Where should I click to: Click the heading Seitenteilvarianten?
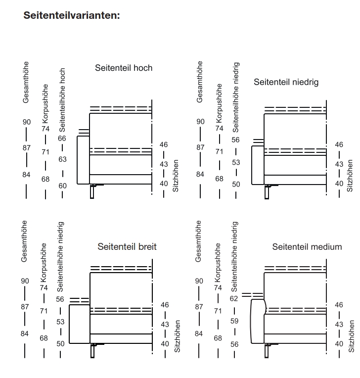point(72,15)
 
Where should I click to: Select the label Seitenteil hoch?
point(124,68)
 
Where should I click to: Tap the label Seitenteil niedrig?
point(286,82)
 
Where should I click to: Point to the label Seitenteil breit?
point(127,246)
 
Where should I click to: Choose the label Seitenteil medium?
point(307,246)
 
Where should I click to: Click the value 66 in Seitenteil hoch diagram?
point(62,139)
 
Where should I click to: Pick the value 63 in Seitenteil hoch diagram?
point(62,159)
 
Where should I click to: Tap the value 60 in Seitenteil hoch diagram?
point(62,186)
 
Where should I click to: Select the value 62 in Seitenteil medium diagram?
point(234,298)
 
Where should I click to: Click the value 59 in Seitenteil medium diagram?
point(234,321)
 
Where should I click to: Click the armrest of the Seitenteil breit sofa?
point(79,324)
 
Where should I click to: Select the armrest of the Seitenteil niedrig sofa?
point(258,165)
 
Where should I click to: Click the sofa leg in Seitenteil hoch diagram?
point(92,192)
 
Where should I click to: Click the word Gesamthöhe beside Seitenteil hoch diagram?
point(26,82)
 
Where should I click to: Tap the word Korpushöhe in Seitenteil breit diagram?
point(43,262)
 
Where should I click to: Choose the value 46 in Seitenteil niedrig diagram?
point(339,145)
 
